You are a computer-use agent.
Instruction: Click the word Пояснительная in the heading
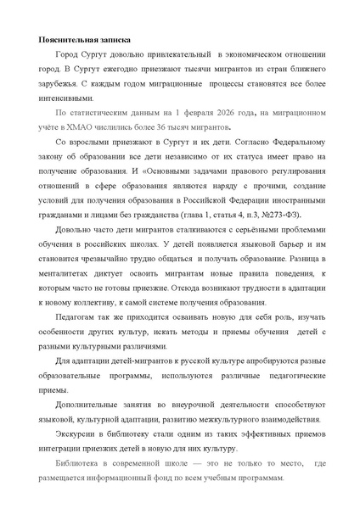click(x=66, y=40)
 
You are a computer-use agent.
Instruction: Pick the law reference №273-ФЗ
click(x=274, y=216)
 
